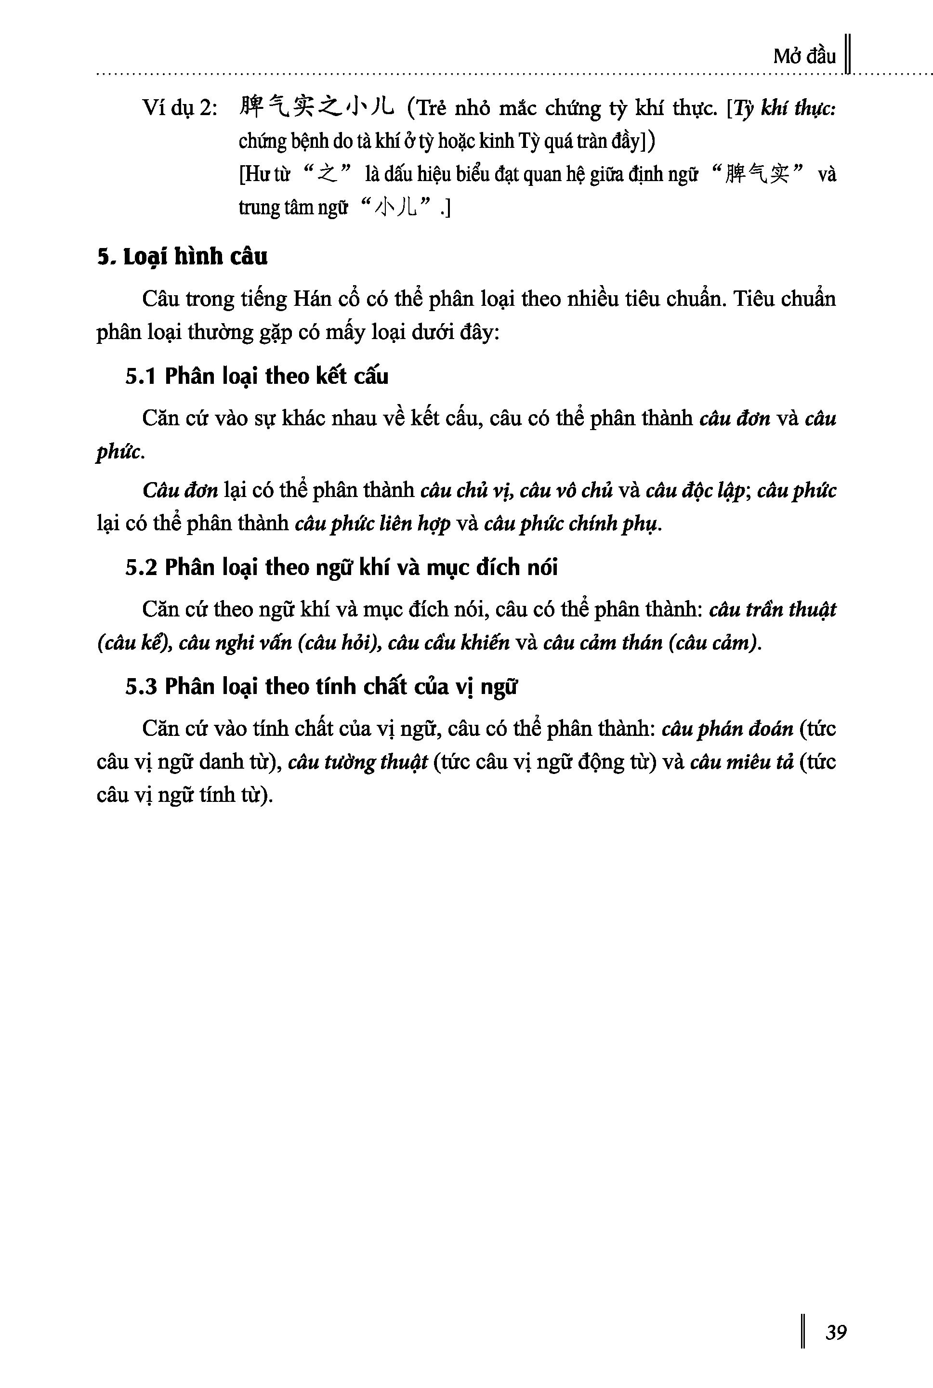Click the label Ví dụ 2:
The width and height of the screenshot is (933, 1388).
[x=180, y=109]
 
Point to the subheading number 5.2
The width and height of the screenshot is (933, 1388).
[x=141, y=567]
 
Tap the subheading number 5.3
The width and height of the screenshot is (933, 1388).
[x=141, y=687]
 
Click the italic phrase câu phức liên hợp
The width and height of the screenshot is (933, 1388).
[x=372, y=524]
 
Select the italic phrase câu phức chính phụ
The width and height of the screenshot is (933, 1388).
[x=572, y=524]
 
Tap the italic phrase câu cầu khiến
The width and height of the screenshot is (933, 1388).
[x=448, y=643]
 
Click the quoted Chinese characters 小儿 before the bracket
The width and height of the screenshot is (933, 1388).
[x=395, y=208]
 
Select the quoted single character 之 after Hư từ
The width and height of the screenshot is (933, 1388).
[x=328, y=175]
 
